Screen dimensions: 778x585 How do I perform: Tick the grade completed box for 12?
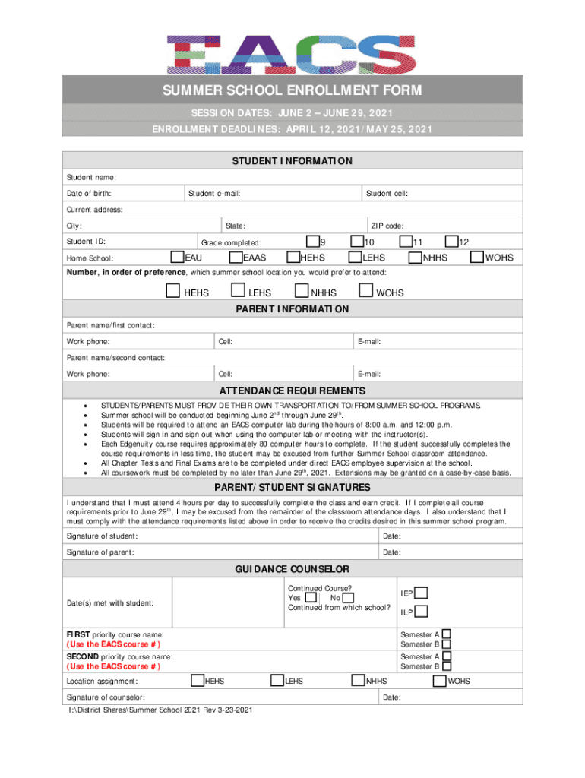click(x=452, y=242)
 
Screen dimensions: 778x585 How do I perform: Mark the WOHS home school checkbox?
click(x=478, y=258)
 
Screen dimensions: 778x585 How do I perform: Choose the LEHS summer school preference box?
click(x=238, y=291)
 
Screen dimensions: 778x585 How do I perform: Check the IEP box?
click(x=421, y=593)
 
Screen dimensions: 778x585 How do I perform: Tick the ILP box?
click(x=421, y=612)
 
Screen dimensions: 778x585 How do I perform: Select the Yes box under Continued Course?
click(x=311, y=599)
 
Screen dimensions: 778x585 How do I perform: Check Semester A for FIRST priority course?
click(x=447, y=634)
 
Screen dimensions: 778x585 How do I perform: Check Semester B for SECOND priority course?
click(x=447, y=666)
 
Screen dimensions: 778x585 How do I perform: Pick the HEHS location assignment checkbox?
click(x=198, y=681)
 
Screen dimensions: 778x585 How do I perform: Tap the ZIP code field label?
click(x=387, y=226)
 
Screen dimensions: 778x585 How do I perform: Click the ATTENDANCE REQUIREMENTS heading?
click(x=292, y=391)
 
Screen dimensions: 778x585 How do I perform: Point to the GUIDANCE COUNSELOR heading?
click(x=292, y=569)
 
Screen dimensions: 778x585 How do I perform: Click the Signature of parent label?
click(x=100, y=552)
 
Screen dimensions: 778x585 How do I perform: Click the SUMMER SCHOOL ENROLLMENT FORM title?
click(x=292, y=91)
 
